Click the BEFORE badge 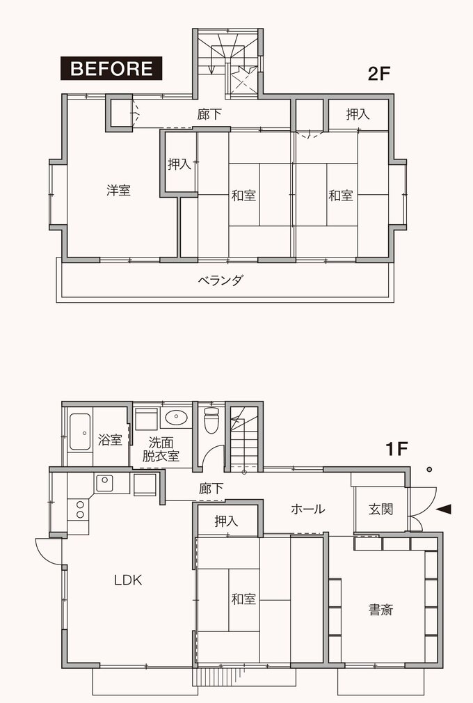coord(112,68)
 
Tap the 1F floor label coord(397,450)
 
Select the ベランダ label coord(221,281)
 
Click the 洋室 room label coord(118,190)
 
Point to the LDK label coord(128,579)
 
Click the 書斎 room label coord(381,610)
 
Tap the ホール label coord(307,509)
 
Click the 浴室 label coord(110,440)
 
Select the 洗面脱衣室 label coord(161,450)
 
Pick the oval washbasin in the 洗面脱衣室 coord(177,418)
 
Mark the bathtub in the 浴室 coord(79,432)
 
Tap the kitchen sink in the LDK coord(104,482)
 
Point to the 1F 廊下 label coord(211,489)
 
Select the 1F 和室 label coord(243,598)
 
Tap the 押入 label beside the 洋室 coord(179,164)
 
